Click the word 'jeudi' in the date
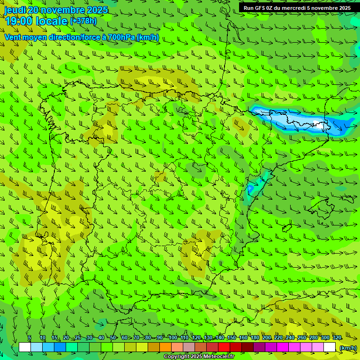[15, 10]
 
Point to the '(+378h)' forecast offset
[83, 21]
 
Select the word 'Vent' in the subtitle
[14, 37]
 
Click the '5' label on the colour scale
[29, 338]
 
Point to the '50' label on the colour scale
[113, 338]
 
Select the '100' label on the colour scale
[172, 338]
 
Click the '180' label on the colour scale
[255, 338]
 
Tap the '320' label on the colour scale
[337, 338]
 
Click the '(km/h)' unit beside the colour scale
[347, 347]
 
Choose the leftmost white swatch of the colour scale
[25, 347]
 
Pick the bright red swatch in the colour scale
[224, 347]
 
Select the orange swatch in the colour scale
[165, 347]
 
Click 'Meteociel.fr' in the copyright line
[219, 357]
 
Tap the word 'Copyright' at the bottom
[177, 357]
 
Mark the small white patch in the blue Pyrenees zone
[321, 126]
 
